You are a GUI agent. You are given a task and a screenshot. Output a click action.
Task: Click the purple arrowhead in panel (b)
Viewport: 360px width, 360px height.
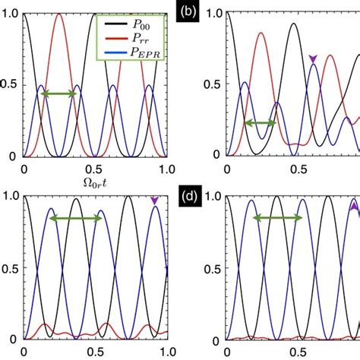point(312,58)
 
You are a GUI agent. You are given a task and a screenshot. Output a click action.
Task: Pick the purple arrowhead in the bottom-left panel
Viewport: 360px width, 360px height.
point(155,201)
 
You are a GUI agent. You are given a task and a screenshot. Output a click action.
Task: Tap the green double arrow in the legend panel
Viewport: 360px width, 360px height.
point(58,93)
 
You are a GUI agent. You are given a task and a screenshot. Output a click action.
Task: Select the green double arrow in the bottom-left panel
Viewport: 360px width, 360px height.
point(76,218)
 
